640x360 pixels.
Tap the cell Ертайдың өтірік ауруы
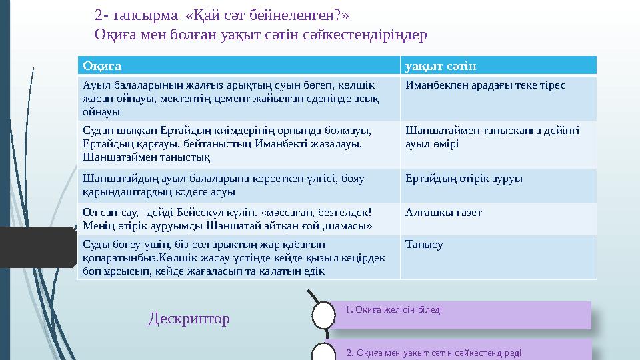(463, 179)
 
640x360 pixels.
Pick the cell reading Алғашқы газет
(443, 213)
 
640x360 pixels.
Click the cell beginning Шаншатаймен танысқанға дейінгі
(492, 137)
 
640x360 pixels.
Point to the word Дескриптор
(189, 319)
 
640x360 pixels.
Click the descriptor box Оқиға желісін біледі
(463, 315)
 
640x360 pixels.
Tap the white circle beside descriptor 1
(324, 315)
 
